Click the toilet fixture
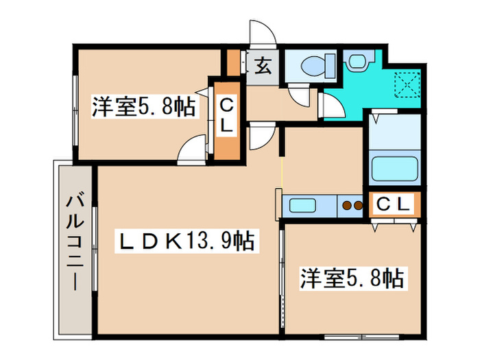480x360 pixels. [x=317, y=65]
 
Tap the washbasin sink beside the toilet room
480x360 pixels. [x=357, y=61]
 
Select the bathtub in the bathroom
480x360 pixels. [x=394, y=169]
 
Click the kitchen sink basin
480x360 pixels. [x=302, y=206]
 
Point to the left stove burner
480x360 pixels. [x=346, y=206]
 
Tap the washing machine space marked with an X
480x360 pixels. [x=407, y=84]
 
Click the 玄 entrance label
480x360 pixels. [x=263, y=66]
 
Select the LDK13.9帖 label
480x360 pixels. [x=187, y=241]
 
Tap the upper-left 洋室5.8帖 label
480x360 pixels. [x=143, y=107]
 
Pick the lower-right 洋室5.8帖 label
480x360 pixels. [x=351, y=278]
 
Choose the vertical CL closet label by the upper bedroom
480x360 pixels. [x=226, y=117]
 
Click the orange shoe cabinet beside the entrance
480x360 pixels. [x=233, y=62]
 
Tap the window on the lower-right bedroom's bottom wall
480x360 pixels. [x=362, y=337]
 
